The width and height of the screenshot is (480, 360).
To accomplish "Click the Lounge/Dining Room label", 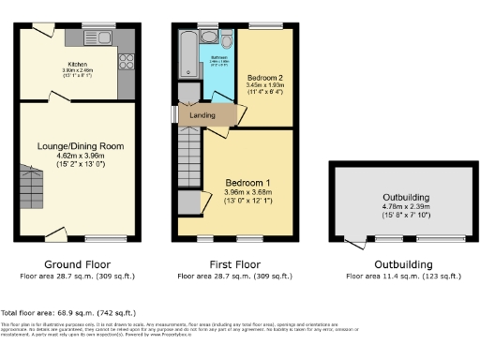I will [x=80, y=146].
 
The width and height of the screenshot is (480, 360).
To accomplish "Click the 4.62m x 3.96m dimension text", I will [x=80, y=157].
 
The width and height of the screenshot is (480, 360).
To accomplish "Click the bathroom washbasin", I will [x=209, y=37].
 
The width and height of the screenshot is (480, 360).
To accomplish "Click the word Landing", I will [x=202, y=115].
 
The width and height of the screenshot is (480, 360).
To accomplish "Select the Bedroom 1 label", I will [x=248, y=182].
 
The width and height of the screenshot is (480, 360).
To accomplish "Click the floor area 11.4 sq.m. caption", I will [x=397, y=277].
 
